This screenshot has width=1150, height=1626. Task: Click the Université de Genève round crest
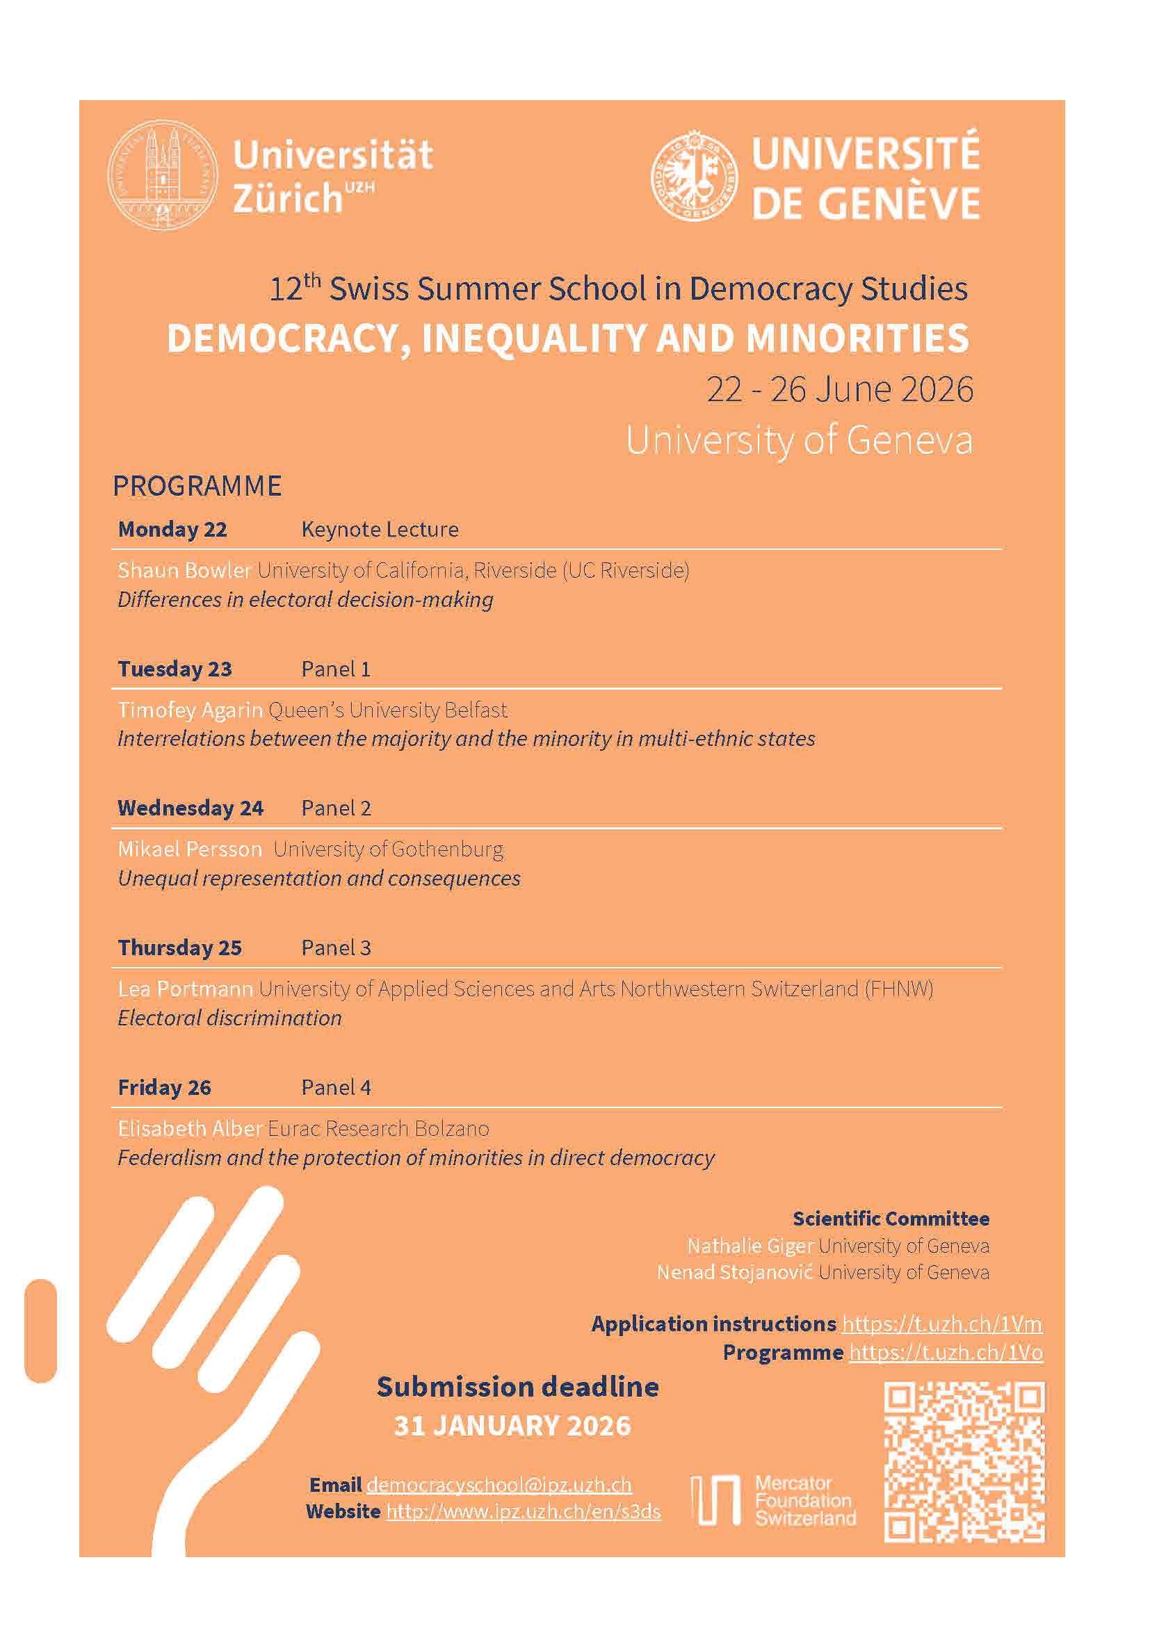(x=694, y=176)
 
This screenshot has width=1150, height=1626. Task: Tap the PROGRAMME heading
(x=197, y=486)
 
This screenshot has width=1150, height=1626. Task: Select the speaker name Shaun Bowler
(x=185, y=570)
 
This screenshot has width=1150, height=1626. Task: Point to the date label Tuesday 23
(x=175, y=669)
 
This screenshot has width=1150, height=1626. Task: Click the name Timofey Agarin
(x=191, y=710)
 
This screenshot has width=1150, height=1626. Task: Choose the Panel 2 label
(x=336, y=808)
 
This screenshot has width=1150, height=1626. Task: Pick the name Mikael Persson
(x=190, y=849)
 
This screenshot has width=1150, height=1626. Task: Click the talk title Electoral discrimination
(x=229, y=1018)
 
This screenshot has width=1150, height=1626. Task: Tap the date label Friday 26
(x=164, y=1087)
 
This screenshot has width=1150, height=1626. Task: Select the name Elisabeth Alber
(x=191, y=1128)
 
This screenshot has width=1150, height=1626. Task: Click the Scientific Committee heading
(x=891, y=1218)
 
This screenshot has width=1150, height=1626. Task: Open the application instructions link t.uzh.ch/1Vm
(x=942, y=1324)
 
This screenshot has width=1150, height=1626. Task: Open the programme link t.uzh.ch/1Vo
(x=946, y=1353)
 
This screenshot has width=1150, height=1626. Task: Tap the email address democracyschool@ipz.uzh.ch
(x=499, y=1484)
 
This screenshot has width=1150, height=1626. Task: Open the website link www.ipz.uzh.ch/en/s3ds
(x=524, y=1511)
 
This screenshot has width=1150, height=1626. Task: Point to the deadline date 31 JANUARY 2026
(x=512, y=1426)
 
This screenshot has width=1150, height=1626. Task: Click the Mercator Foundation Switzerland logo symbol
(x=715, y=1500)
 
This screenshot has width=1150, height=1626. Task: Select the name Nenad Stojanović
(x=734, y=1272)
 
